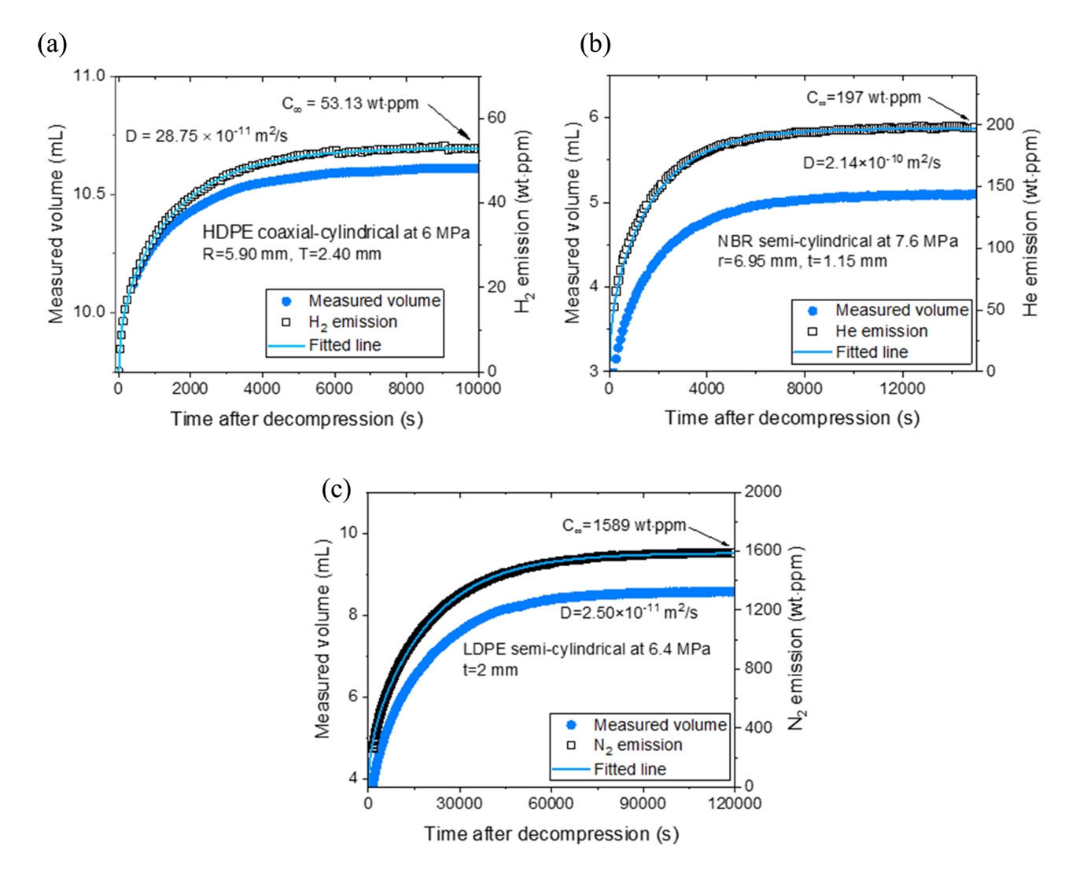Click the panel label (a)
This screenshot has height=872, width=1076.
[52, 43]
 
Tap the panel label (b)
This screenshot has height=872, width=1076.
[595, 43]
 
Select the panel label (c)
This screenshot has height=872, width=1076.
[336, 489]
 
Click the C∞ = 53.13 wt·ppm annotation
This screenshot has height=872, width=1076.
[350, 103]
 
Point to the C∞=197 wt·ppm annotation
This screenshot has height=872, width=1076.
[864, 98]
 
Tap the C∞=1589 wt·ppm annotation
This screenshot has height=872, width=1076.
[624, 525]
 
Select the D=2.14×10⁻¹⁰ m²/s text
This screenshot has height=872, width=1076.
[871, 162]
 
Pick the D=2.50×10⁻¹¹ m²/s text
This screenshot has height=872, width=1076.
[628, 612]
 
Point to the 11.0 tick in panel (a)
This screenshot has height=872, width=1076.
[89, 76]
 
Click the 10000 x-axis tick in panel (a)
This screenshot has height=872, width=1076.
[478, 388]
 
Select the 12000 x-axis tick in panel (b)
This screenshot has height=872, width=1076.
[902, 388]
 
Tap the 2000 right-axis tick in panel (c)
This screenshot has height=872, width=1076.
[763, 492]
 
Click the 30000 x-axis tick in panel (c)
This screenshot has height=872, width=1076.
[459, 804]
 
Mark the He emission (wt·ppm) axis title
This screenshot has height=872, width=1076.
[1031, 223]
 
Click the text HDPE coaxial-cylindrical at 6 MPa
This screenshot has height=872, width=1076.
[336, 233]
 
